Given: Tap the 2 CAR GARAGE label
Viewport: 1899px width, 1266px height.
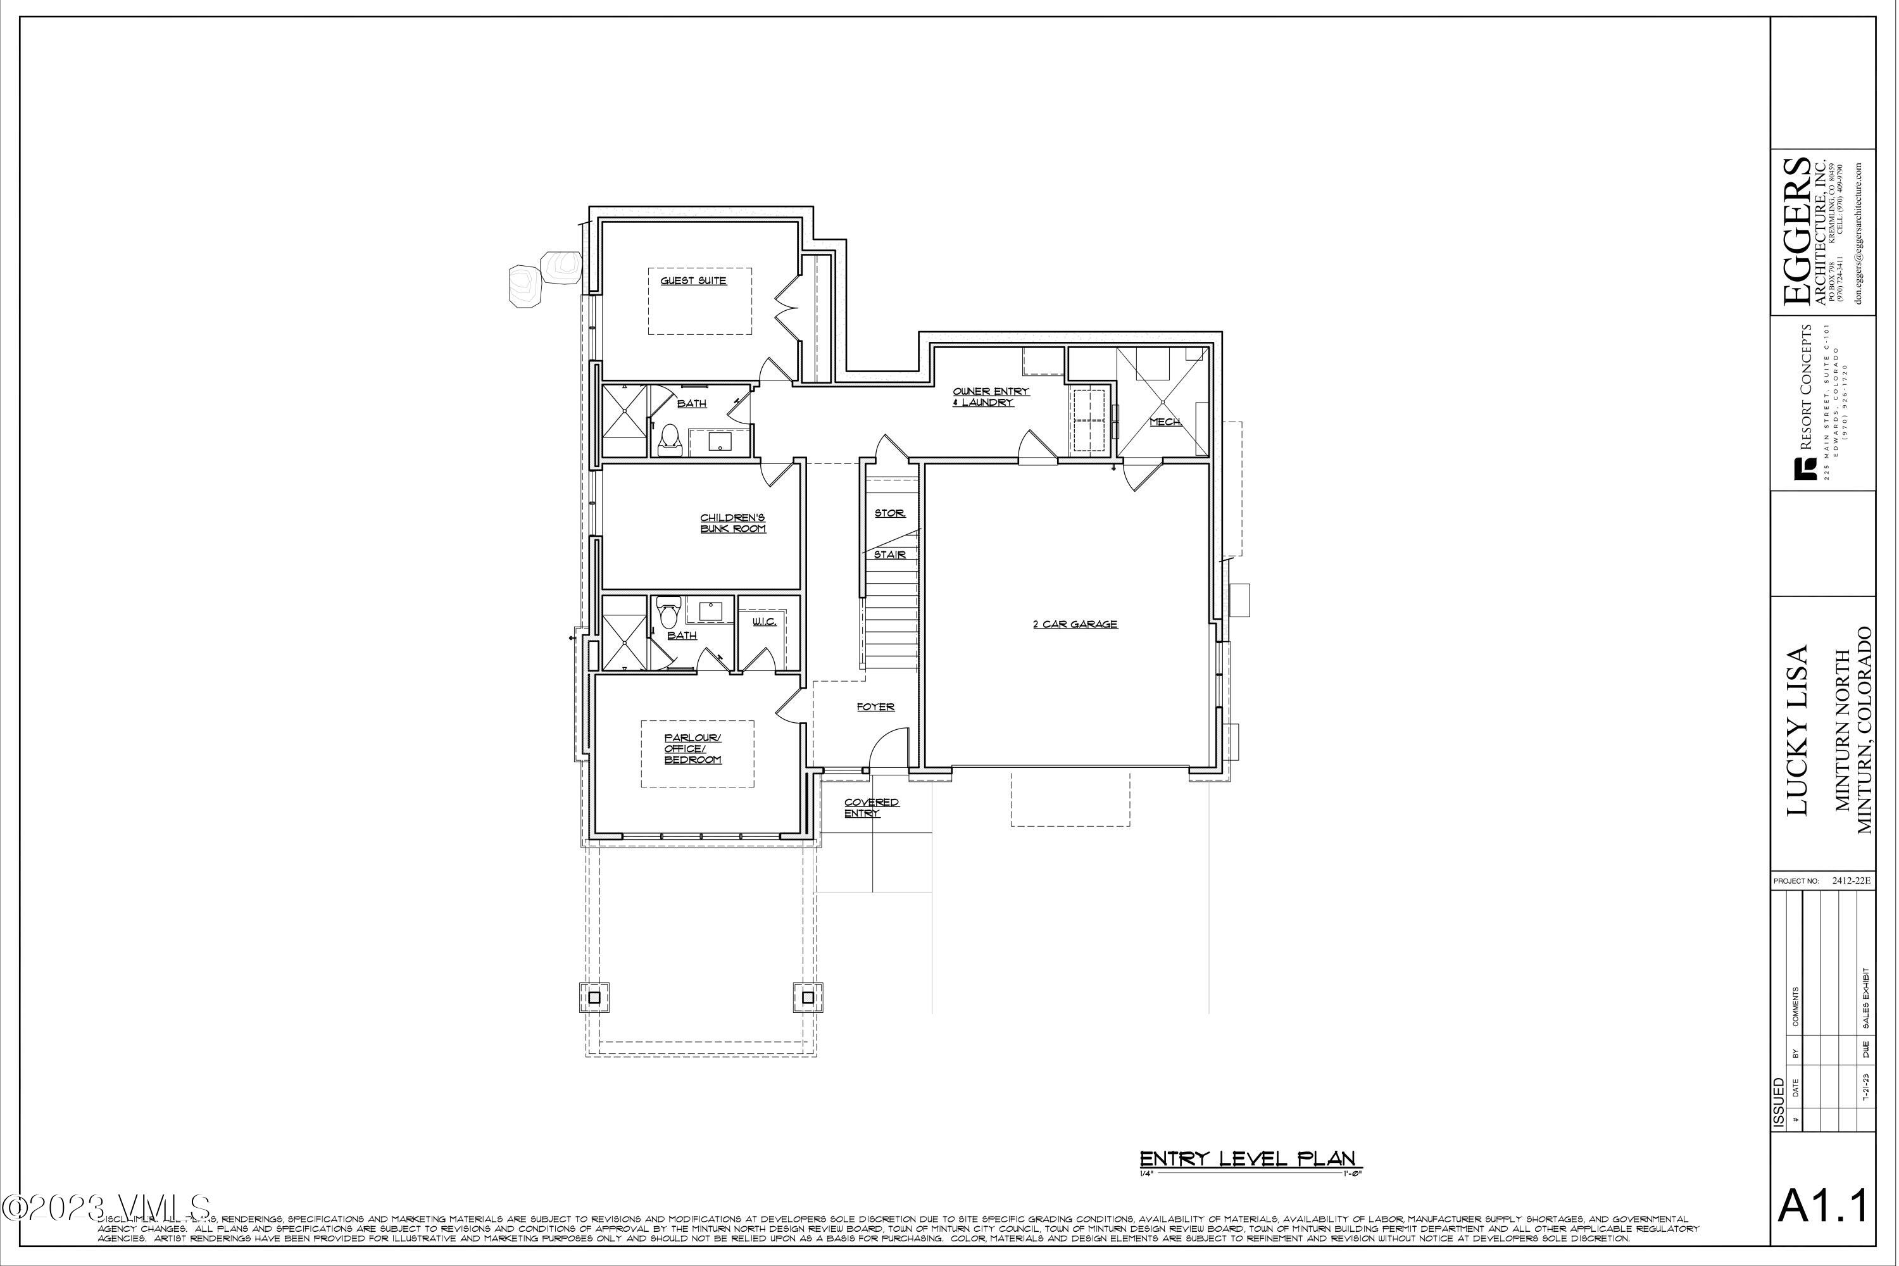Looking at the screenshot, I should [1075, 624].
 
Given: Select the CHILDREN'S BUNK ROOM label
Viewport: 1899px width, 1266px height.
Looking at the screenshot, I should [732, 523].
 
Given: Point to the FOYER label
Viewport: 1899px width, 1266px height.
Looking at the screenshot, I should [875, 707].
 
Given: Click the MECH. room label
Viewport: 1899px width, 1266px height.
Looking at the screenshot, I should [1165, 422].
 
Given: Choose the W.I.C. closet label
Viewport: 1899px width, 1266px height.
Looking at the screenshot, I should [764, 622].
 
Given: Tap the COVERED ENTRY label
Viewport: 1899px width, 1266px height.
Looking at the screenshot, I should [871, 808].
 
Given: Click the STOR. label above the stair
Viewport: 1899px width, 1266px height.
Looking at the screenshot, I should [890, 513].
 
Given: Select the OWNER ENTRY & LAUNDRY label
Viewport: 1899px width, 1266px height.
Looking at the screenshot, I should [990, 396].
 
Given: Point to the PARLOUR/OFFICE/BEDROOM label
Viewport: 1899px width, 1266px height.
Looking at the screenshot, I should [693, 748].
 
